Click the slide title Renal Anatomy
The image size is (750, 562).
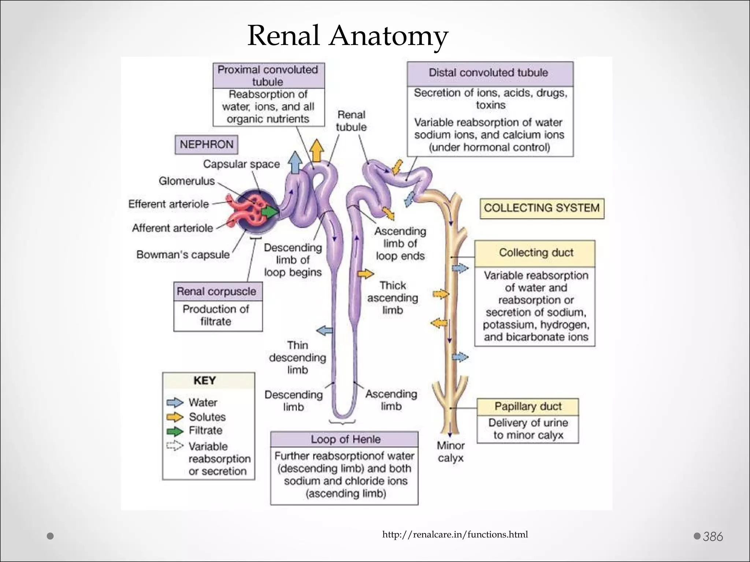(x=348, y=36)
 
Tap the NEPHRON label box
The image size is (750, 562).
(x=206, y=144)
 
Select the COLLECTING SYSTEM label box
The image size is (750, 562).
(x=542, y=208)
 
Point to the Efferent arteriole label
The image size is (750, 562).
(x=168, y=204)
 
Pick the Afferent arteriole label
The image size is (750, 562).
(x=172, y=228)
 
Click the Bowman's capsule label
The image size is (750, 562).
(x=183, y=254)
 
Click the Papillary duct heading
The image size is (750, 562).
(x=527, y=406)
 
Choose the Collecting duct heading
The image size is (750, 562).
(x=535, y=253)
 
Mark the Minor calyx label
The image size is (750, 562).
(x=450, y=452)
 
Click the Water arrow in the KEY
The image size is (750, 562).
(x=175, y=402)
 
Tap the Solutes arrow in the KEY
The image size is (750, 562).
(x=175, y=417)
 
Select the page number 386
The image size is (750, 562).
(x=713, y=536)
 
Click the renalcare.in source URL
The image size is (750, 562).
(x=455, y=535)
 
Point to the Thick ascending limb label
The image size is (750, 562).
(x=393, y=297)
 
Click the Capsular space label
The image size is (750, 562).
(x=241, y=164)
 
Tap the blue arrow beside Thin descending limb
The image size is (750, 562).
(x=324, y=331)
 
